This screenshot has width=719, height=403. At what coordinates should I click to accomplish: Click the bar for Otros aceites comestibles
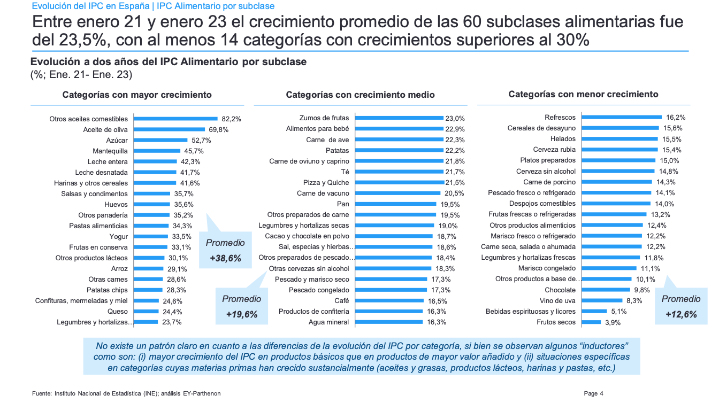pos(175,119)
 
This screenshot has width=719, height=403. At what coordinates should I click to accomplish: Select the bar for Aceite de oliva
pos(169,129)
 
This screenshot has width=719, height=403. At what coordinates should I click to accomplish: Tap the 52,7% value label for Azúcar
pos(201,141)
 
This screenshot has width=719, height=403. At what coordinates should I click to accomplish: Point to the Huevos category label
pos(116,205)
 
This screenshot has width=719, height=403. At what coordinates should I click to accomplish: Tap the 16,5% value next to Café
pos(437,301)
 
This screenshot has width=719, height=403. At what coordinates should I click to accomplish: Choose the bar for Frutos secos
pos(591,322)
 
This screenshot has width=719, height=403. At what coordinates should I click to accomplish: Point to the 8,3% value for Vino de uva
pos(633,301)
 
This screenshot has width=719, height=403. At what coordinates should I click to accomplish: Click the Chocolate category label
pos(560,290)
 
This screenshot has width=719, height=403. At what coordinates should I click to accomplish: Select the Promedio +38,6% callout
pos(225,250)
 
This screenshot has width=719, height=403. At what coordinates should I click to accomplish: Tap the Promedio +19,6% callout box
pos(241,306)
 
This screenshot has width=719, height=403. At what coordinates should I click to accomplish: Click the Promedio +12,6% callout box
pos(681,306)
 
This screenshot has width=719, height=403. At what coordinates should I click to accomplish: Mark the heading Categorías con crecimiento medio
pos(360,95)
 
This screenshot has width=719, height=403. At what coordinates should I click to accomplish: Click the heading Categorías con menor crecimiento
pos(583,95)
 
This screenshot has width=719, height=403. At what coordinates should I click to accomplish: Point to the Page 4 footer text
pos(593,394)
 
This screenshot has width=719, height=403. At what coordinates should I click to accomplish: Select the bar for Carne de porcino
pos(617,182)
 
